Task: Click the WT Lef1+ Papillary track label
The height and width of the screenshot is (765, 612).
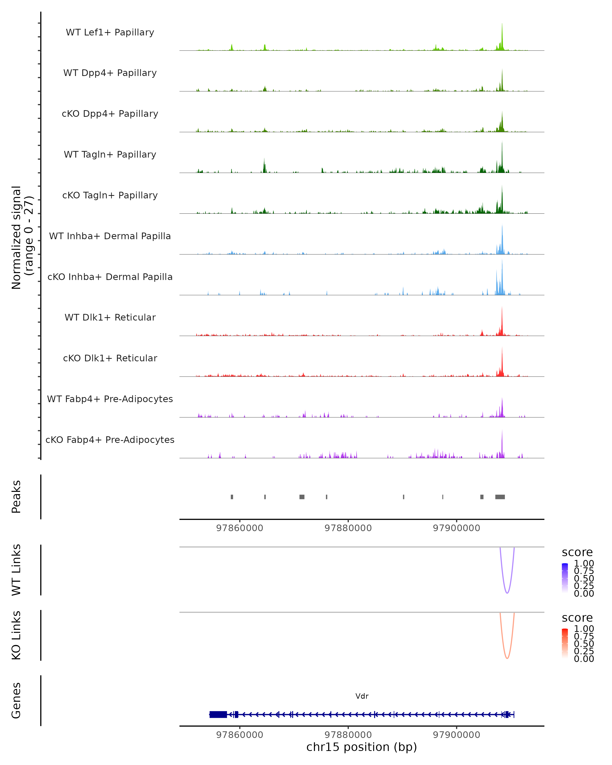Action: point(110,32)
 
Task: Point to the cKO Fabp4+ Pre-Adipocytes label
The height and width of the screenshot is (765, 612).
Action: point(110,440)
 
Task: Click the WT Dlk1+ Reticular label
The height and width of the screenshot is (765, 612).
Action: point(110,317)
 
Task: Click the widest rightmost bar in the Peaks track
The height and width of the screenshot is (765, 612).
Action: point(500,497)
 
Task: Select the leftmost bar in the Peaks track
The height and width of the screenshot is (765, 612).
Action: point(232,497)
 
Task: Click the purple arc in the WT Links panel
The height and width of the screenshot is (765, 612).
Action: point(507,593)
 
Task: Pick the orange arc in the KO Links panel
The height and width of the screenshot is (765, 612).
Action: point(507,658)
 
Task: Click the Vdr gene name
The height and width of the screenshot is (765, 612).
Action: point(362,696)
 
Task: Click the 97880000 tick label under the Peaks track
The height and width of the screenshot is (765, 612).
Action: point(348,528)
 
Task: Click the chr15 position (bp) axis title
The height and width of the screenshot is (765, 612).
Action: point(362,747)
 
